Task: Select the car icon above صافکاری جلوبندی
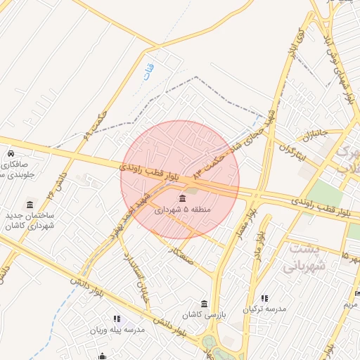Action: click(x=11, y=153)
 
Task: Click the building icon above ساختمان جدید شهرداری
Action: click(x=30, y=205)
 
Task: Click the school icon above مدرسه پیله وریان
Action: click(x=116, y=319)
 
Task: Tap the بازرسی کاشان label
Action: click(x=203, y=314)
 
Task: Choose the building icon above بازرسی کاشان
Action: click(x=204, y=304)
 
